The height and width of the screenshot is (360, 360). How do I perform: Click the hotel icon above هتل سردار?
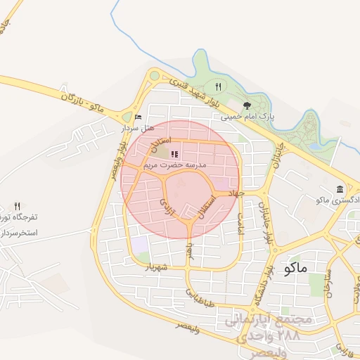(138, 117)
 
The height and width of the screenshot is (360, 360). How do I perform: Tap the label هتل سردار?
(137, 128)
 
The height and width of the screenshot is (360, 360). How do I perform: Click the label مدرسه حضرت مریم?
(174, 165)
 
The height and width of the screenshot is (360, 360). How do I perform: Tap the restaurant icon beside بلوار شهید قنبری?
(218, 86)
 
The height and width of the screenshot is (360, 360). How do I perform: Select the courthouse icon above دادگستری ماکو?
(340, 190)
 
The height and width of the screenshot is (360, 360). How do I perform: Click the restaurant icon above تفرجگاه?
(18, 207)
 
